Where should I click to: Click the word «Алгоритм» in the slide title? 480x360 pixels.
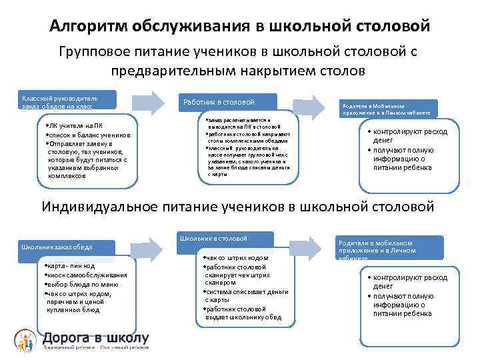point(89,26)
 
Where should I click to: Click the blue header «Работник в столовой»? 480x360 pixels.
point(227,101)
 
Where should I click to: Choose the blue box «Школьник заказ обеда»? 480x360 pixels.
point(59,247)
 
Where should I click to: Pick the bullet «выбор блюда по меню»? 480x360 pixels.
point(77,283)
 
